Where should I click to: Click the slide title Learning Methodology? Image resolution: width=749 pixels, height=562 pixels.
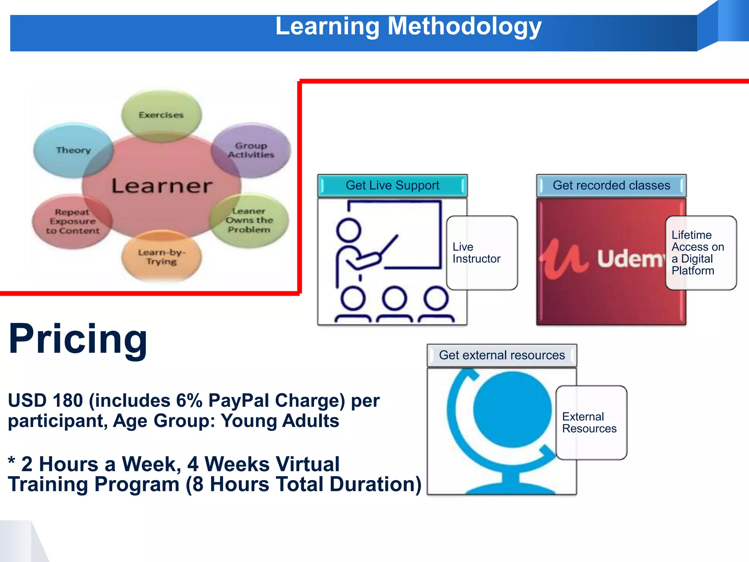408,26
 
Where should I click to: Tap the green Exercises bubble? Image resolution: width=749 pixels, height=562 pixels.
161,115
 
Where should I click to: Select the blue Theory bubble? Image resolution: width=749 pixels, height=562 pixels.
73,150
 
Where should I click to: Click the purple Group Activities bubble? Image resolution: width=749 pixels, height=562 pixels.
251,150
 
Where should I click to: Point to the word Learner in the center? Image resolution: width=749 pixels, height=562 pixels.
161,186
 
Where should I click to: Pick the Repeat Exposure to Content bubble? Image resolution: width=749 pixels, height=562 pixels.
72,221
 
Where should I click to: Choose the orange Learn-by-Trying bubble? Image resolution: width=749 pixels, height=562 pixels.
161,257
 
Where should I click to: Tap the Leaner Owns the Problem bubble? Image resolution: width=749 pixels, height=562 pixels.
249,220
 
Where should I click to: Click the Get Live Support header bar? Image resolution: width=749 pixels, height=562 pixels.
392,186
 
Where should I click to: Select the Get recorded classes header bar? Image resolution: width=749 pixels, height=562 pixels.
611,186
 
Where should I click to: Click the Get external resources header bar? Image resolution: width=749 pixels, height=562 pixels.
502,355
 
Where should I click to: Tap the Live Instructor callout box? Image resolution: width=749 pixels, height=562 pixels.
482,253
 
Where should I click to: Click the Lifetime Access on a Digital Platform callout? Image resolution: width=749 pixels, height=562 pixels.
700,253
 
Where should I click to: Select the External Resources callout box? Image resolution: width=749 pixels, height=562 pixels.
591,423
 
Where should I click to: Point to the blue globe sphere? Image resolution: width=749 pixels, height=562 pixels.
512,409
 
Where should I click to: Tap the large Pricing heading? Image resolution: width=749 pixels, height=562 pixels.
78,339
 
